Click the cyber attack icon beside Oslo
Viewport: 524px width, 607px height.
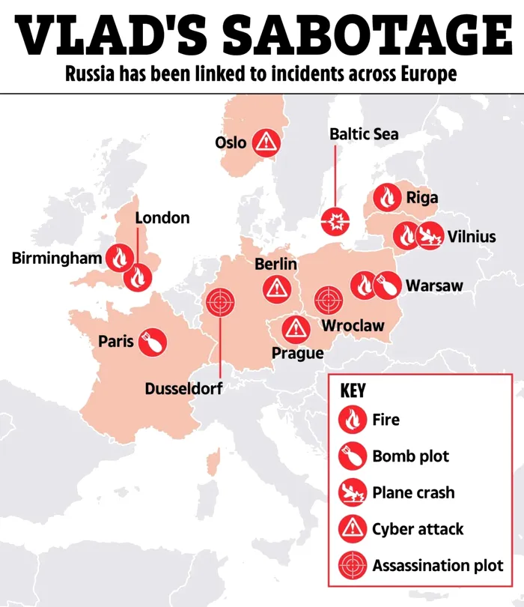[265, 142]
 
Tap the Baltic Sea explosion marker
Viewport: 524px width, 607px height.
[335, 221]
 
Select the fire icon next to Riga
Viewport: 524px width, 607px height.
[387, 198]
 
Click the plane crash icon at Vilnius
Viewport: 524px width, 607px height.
[430, 237]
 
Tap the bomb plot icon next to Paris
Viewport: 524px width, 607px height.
[153, 342]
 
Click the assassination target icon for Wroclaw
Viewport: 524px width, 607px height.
[327, 300]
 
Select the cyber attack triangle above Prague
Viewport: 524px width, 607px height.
[296, 327]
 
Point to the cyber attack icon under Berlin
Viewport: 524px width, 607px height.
[276, 288]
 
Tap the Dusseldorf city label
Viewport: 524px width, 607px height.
[183, 389]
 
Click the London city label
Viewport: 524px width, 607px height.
[162, 218]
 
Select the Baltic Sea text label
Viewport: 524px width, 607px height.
[364, 134]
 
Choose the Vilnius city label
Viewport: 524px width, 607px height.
[472, 237]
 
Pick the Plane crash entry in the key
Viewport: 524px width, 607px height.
[412, 492]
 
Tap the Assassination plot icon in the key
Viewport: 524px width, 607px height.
[351, 566]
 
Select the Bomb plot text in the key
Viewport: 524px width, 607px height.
[410, 456]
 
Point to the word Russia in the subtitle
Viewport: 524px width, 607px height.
[89, 76]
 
